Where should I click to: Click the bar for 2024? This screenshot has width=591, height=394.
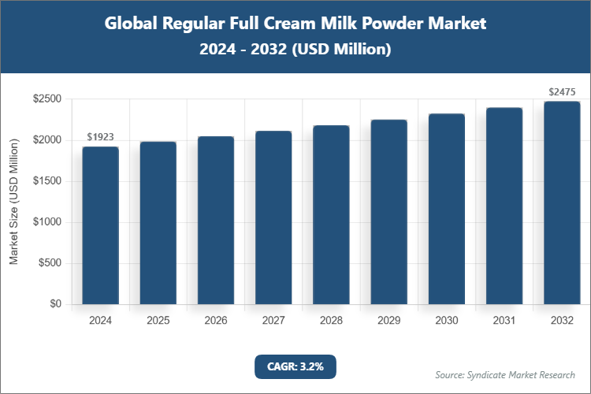pyautogui.click(x=100, y=225)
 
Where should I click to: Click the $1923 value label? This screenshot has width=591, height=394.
pyautogui.click(x=100, y=137)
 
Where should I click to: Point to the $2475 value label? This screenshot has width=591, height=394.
pyautogui.click(x=562, y=92)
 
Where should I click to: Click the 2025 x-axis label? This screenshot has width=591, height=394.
pyautogui.click(x=158, y=321)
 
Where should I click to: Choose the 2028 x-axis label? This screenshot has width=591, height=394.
pyautogui.click(x=331, y=321)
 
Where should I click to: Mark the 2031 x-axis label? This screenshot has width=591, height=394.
pyautogui.click(x=504, y=321)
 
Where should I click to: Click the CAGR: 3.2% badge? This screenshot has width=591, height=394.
pyautogui.click(x=295, y=366)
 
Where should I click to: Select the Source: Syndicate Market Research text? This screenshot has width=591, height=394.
pyautogui.click(x=505, y=374)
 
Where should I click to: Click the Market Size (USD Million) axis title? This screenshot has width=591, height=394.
pyautogui.click(x=14, y=203)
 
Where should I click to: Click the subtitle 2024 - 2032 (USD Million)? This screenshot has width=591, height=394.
pyautogui.click(x=295, y=50)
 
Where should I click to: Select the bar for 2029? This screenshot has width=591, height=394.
pyautogui.click(x=388, y=212)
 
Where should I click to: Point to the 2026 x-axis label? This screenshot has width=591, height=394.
pyautogui.click(x=215, y=321)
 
